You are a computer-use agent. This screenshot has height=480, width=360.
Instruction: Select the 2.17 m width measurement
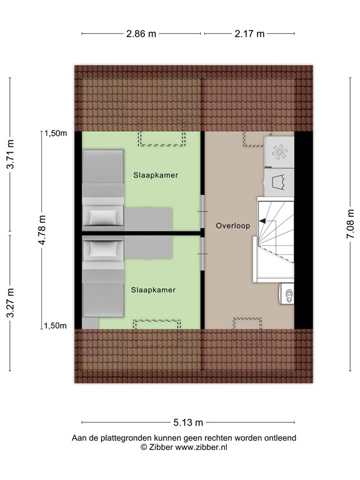tap(249, 34)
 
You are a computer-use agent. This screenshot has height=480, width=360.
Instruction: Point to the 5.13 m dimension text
tap(187, 422)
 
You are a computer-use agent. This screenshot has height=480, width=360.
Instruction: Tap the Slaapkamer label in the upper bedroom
tap(155, 176)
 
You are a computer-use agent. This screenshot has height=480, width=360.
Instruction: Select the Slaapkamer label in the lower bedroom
tap(153, 290)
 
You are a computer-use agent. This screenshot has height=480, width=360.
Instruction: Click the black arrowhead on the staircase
tap(262, 221)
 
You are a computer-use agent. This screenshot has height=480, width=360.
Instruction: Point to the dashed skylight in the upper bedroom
tap(162, 139)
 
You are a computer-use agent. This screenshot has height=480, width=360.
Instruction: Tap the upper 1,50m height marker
tap(55, 132)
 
